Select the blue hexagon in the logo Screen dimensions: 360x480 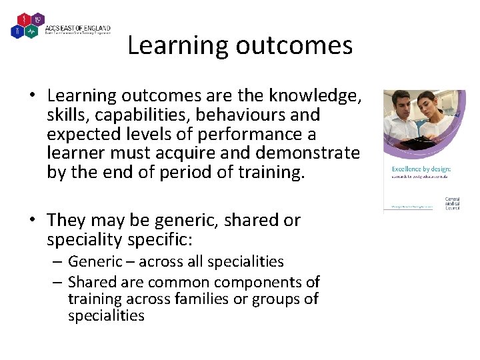coord(17,30)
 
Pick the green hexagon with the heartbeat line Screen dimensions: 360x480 coord(31,30)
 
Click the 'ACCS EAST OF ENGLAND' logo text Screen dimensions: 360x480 coord(77,28)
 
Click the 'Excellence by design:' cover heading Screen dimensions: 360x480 coord(421,169)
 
